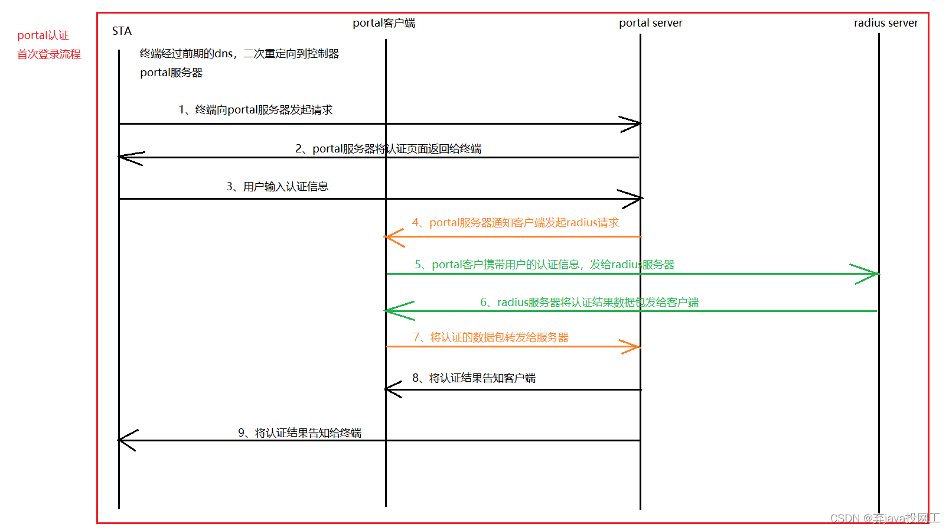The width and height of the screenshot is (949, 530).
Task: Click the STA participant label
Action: [122, 31]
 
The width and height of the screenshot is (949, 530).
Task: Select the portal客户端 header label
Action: [384, 23]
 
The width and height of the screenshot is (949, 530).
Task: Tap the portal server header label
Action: [650, 23]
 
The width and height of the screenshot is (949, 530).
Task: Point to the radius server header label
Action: [885, 23]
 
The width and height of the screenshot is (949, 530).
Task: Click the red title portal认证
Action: [43, 35]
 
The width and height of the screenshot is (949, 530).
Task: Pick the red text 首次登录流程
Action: [49, 54]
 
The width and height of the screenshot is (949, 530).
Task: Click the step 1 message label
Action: [256, 110]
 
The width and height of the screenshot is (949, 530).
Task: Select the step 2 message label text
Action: [388, 149]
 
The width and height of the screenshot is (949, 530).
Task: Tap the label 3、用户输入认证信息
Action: [277, 187]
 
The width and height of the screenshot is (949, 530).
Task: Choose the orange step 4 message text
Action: [515, 223]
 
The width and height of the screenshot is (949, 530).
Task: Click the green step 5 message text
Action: [544, 265]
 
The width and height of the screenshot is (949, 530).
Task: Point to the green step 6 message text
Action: [589, 303]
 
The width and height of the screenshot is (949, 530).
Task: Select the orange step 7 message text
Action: [491, 337]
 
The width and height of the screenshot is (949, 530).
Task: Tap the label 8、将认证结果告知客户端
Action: [474, 378]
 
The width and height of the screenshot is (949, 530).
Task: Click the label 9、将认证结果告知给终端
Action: [299, 433]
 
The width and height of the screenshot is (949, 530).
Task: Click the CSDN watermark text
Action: [884, 518]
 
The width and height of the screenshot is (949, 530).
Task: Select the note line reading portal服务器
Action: [171, 73]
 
